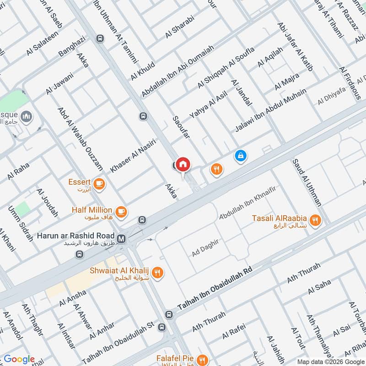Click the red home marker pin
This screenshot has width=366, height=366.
click(183, 164)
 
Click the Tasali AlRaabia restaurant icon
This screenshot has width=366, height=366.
click(315, 220)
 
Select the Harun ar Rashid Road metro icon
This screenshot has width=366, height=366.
click(122, 238)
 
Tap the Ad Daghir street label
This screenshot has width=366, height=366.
click(209, 247)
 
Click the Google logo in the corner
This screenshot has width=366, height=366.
click(19, 359)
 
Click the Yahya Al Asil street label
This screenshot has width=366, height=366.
click(208, 105)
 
